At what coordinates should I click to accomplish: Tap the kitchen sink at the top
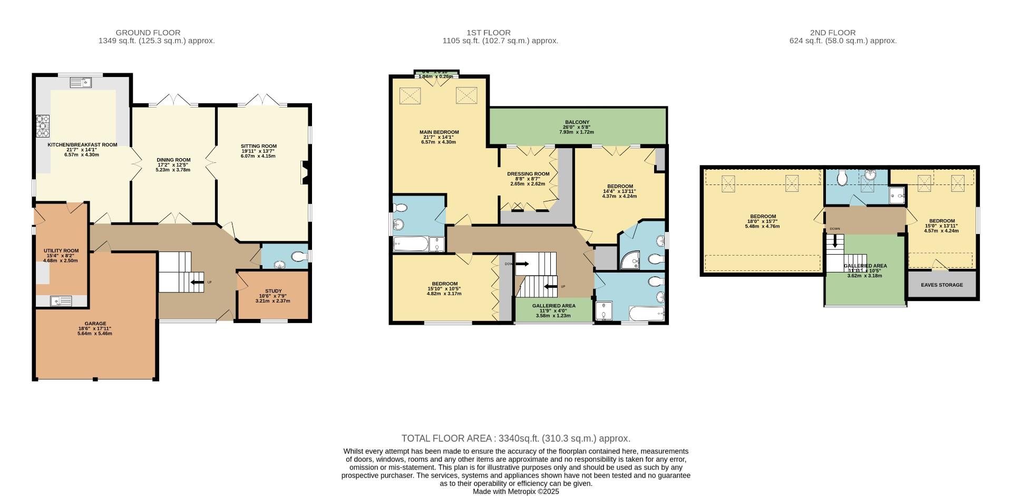[x=81, y=82]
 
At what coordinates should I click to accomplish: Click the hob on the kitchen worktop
[x=42, y=126]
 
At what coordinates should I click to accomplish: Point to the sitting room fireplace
[x=305, y=173]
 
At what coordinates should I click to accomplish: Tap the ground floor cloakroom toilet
[x=299, y=257]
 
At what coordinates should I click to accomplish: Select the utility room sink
[x=61, y=301]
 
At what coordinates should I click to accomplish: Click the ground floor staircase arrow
[x=196, y=283]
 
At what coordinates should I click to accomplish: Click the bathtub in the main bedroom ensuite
[x=410, y=244]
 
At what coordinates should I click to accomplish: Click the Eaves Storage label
[x=941, y=285]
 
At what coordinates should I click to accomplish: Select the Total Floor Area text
[x=515, y=439]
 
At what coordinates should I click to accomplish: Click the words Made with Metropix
[x=515, y=491]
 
